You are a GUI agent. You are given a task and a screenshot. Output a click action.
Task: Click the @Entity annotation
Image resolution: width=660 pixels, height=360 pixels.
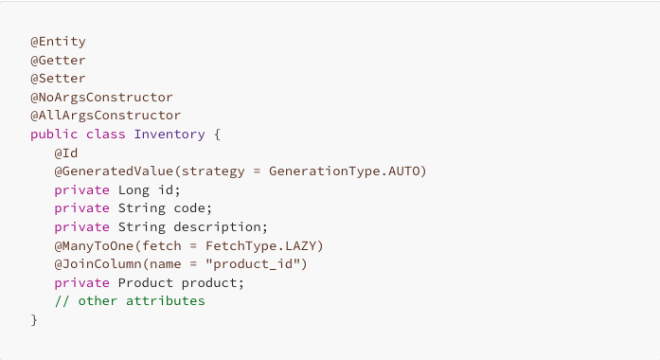58,42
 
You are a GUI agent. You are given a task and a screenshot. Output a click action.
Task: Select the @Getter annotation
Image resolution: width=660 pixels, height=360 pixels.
58,61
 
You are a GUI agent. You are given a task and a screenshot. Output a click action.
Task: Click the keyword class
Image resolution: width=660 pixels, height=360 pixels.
106,135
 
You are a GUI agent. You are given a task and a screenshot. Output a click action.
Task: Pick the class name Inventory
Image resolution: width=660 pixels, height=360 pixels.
169,135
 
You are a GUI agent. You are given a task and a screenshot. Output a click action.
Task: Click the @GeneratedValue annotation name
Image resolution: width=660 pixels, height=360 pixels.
101,171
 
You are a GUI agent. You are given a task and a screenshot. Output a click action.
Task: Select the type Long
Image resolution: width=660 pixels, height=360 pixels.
134,189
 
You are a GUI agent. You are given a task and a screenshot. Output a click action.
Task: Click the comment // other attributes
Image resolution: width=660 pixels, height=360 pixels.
130,300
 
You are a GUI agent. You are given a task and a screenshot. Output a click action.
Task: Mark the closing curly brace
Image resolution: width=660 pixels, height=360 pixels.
34,319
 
